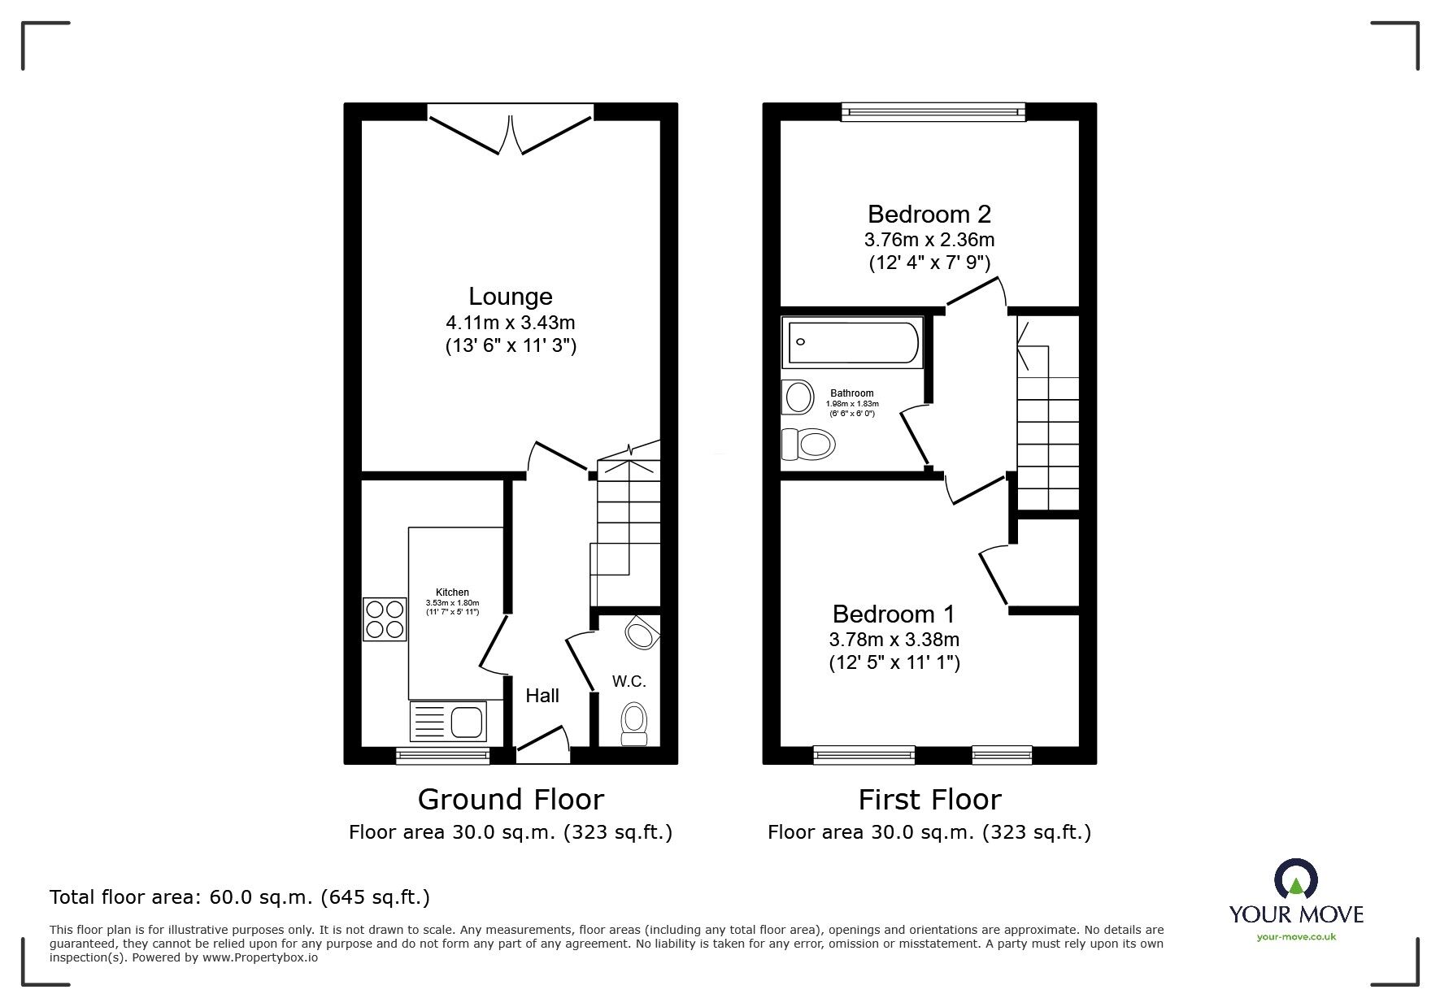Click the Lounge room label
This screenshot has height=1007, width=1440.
pyautogui.click(x=510, y=296)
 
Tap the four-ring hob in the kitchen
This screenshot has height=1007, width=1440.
pyautogui.click(x=385, y=619)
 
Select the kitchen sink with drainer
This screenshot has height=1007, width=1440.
pyautogui.click(x=447, y=722)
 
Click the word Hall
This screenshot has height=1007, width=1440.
pyautogui.click(x=542, y=696)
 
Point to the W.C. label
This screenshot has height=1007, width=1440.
pyautogui.click(x=629, y=681)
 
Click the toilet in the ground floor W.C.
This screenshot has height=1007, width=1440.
pyautogui.click(x=633, y=723)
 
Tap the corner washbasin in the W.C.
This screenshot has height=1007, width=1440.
pyautogui.click(x=643, y=632)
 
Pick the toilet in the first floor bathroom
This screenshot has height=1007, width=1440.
pyautogui.click(x=809, y=445)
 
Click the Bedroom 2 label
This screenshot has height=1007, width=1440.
pyautogui.click(x=929, y=214)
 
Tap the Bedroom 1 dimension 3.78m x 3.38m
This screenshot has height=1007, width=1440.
pyautogui.click(x=894, y=639)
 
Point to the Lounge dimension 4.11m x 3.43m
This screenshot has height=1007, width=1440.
pyautogui.click(x=510, y=323)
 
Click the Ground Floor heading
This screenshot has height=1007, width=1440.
pyautogui.click(x=510, y=799)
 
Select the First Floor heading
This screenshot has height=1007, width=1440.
pyautogui.click(x=929, y=799)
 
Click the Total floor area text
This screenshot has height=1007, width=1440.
pyautogui.click(x=239, y=897)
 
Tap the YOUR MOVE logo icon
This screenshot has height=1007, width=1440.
pyautogui.click(x=1295, y=880)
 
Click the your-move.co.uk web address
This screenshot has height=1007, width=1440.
pyautogui.click(x=1296, y=937)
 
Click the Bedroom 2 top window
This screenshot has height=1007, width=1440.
pyautogui.click(x=933, y=112)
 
